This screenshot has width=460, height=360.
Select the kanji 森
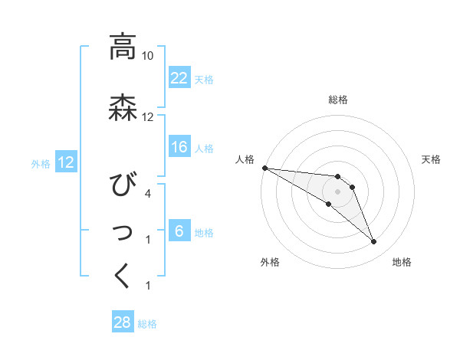click(123, 107)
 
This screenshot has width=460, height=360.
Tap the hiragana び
click(123, 186)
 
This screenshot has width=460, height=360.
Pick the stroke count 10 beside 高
click(148, 56)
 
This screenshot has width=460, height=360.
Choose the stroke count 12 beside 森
click(148, 117)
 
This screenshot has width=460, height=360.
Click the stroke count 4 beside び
click(148, 194)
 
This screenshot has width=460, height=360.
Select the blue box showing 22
click(179, 77)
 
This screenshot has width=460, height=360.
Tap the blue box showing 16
click(179, 147)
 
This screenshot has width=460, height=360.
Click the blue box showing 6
click(179, 231)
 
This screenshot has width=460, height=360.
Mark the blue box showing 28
click(123, 322)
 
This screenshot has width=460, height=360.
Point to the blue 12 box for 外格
click(65, 162)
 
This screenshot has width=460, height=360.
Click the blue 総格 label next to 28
click(147, 324)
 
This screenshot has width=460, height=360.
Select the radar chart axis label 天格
click(432, 159)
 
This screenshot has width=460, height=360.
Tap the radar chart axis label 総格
click(338, 100)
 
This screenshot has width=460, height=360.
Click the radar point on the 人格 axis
click(264, 168)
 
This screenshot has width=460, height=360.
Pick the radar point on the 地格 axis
click(374, 242)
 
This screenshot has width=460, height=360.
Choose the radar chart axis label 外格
click(270, 262)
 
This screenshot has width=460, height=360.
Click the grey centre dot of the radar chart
click(338, 191)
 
